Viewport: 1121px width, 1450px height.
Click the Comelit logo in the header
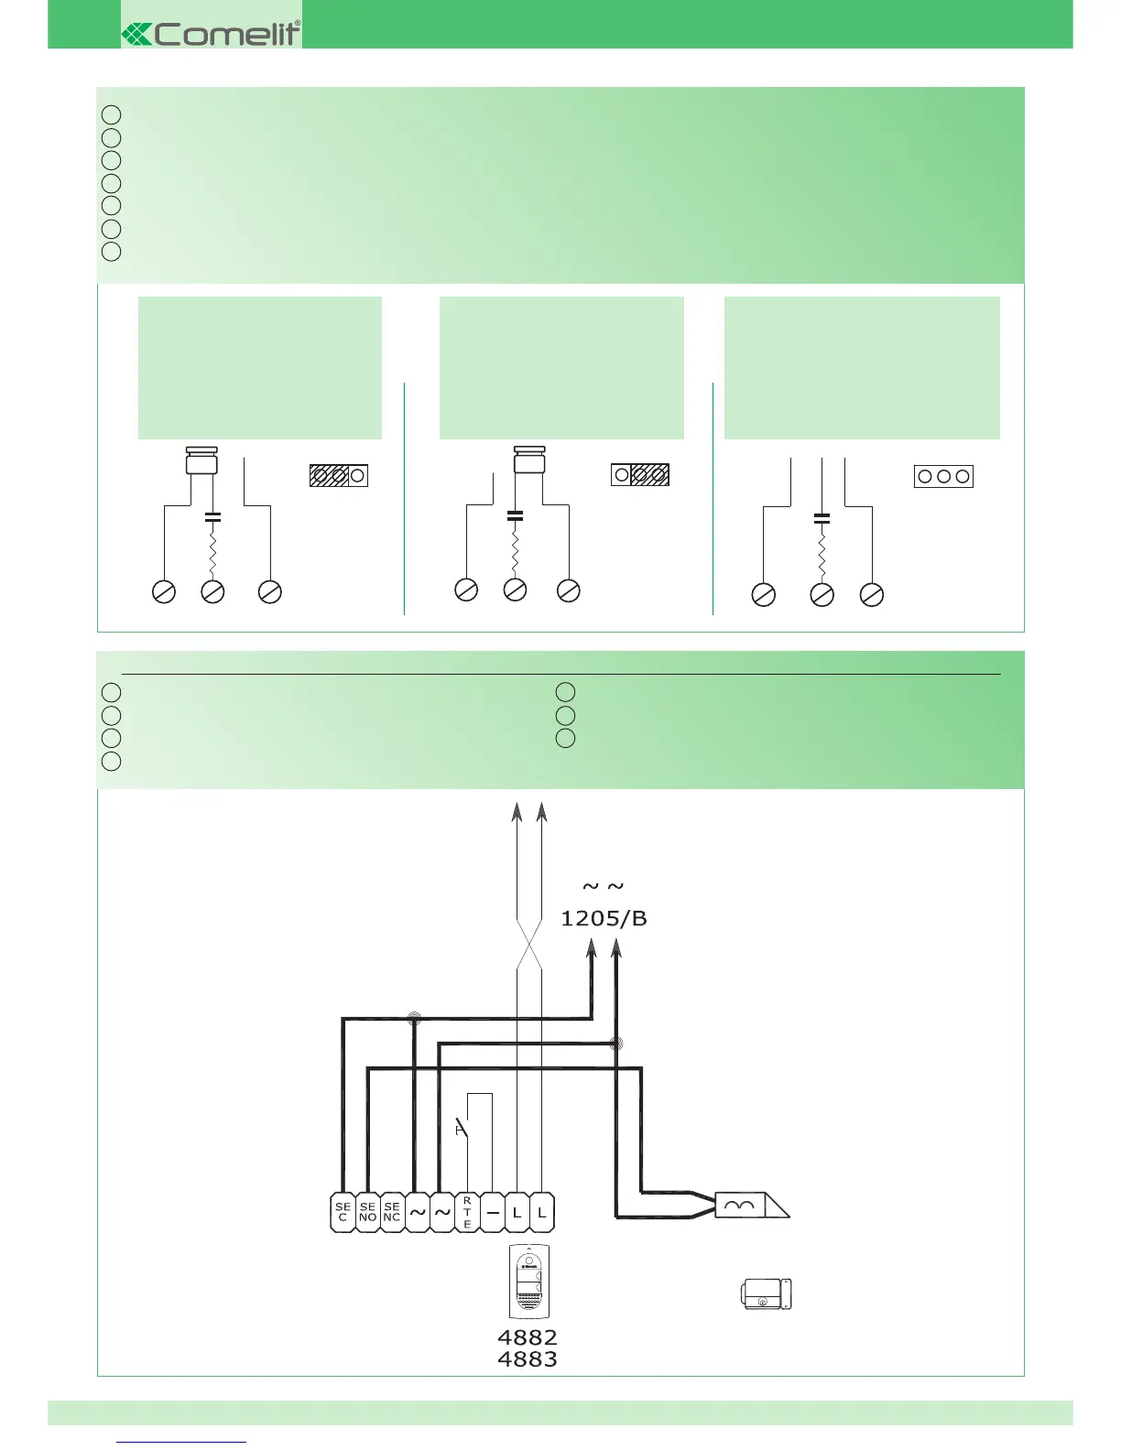(212, 34)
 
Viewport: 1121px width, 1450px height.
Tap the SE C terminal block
(343, 1212)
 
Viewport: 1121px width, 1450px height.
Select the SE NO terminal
(367, 1212)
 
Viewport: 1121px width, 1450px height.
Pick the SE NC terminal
(392, 1212)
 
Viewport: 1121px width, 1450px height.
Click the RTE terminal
(467, 1212)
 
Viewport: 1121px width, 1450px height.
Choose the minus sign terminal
(492, 1212)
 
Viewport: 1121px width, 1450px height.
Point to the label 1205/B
(604, 918)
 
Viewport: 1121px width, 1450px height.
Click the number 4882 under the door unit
(527, 1337)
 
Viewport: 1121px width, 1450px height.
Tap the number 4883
(527, 1359)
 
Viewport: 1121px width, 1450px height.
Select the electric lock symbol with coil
(750, 1205)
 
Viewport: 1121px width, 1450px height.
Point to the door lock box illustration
(766, 1293)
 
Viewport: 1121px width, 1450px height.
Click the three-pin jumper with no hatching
(943, 476)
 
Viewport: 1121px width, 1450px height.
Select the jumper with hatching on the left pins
(338, 475)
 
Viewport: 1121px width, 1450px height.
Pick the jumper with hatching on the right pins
(640, 475)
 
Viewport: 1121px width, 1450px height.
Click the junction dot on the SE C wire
(414, 1018)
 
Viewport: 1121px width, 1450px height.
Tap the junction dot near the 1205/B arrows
(616, 1043)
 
